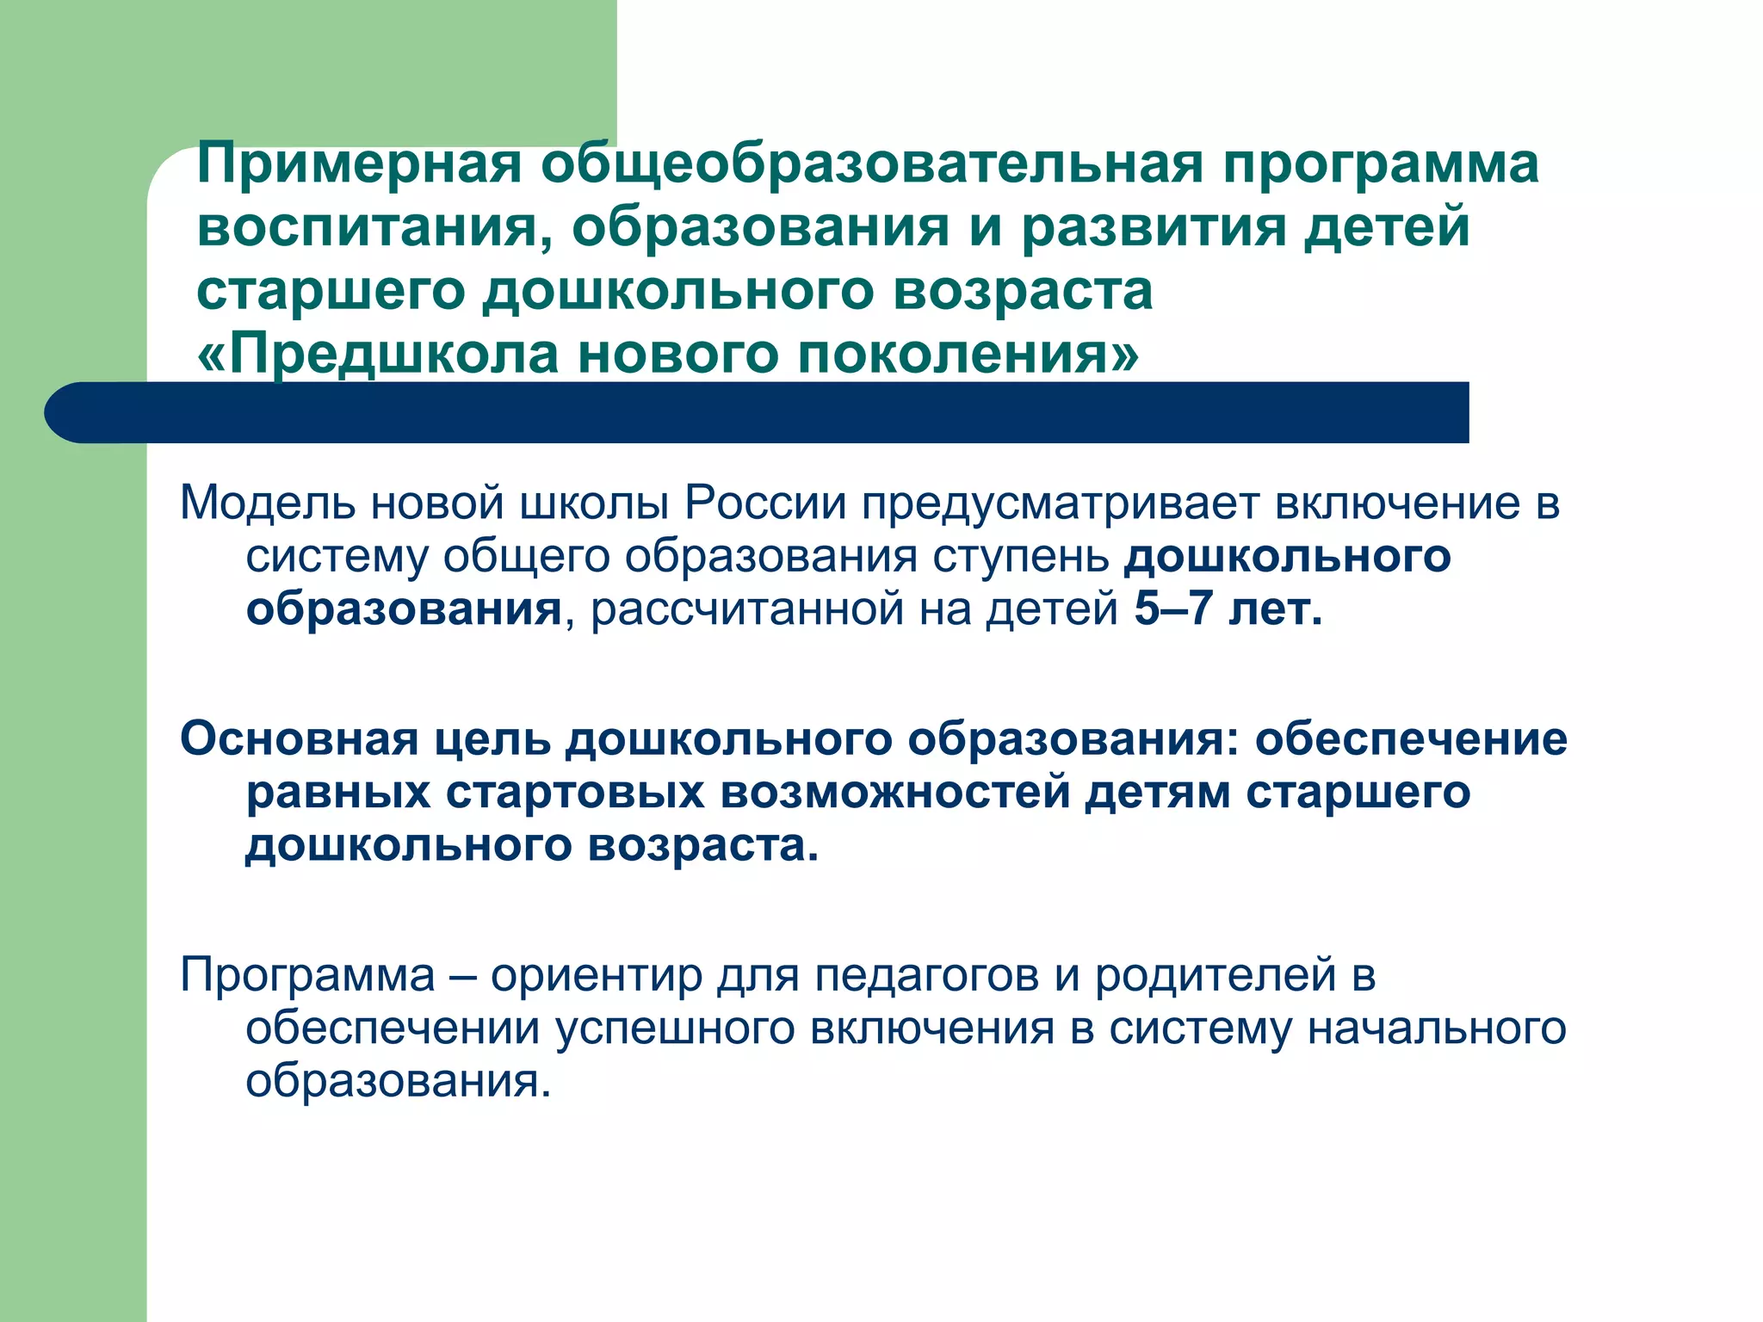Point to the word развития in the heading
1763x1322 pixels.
[x=1152, y=227]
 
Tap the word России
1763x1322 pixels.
[x=766, y=503]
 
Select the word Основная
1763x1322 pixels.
[x=299, y=739]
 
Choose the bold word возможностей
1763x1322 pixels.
[x=895, y=793]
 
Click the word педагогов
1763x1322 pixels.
[x=927, y=977]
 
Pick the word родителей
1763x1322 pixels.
[x=1216, y=975]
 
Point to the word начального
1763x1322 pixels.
[x=1436, y=1029]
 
